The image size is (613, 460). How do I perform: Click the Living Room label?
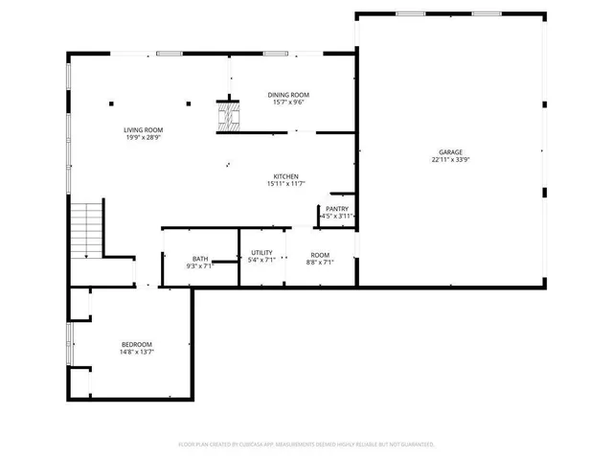(143, 130)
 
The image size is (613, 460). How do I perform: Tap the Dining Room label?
(288, 95)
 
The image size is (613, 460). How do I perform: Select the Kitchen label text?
(286, 176)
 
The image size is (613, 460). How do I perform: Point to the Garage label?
(451, 152)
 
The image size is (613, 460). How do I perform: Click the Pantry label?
(337, 209)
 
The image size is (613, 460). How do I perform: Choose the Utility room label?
(261, 252)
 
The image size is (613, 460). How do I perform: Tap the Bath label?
(200, 259)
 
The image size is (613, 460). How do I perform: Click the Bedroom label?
(136, 345)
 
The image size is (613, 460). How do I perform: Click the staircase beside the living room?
(87, 230)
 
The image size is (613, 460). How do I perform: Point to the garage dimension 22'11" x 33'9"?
(451, 160)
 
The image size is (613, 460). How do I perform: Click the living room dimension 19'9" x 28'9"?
(143, 138)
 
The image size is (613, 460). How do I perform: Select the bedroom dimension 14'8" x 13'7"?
(137, 353)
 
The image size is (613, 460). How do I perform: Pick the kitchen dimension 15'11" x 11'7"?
(286, 184)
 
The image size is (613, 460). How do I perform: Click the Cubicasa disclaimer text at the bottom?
(306, 445)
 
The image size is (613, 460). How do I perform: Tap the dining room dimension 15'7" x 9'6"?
(288, 103)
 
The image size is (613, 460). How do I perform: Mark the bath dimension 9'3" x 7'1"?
(199, 266)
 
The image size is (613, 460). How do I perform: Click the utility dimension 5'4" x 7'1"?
(261, 260)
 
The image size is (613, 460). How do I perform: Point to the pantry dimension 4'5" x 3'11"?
(337, 218)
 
